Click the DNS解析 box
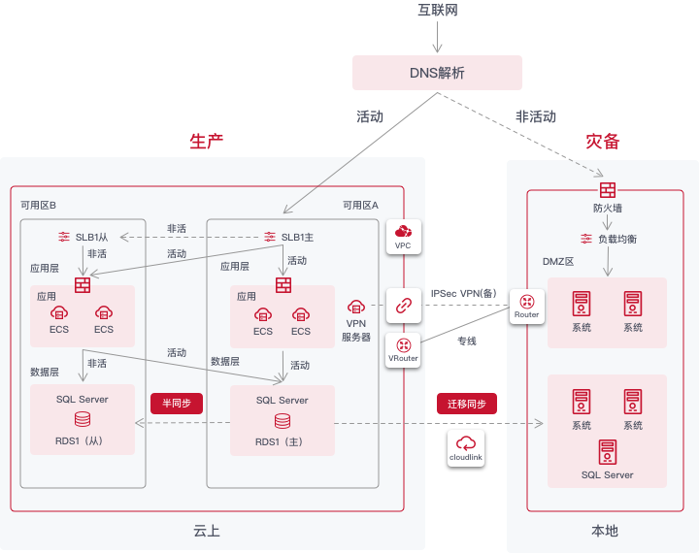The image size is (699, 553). (x=437, y=73)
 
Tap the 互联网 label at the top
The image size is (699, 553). (x=437, y=10)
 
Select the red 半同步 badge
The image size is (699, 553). (x=176, y=404)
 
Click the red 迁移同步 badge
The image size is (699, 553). (x=467, y=404)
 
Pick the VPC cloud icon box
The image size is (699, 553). (x=403, y=236)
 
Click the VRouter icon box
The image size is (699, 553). (x=403, y=349)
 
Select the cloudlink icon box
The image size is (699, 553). (x=466, y=449)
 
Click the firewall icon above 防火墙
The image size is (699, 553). (x=607, y=189)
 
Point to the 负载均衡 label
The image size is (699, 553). (x=616, y=239)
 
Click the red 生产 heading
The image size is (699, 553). (x=206, y=141)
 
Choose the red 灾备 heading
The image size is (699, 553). (x=602, y=141)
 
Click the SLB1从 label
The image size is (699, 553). (x=91, y=238)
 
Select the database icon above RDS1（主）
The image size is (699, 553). (x=282, y=420)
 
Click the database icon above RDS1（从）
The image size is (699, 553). (x=83, y=419)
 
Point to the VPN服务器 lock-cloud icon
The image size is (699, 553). (x=355, y=307)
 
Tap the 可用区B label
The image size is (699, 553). (x=39, y=206)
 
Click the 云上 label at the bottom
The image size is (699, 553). (x=207, y=531)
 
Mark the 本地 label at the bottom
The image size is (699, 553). (x=604, y=531)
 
